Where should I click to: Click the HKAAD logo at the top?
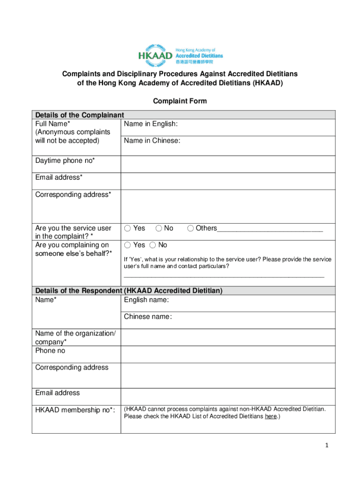pos(180,54)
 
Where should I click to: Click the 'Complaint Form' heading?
pos(180,101)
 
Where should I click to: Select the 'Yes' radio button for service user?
pos(128,228)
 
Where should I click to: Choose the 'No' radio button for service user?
pos(159,228)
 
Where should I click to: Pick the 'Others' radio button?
pos(191,228)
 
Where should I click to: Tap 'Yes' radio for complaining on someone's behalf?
pos(128,245)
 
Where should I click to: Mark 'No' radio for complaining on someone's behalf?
pos(153,245)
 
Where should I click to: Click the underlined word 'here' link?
pos(271,416)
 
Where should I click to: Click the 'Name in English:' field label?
pos(151,124)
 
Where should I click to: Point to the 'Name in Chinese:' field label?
pos(152,140)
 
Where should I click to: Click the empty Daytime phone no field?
pos(228,164)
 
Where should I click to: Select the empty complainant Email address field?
pos(228,181)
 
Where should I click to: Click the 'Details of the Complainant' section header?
pos(79,115)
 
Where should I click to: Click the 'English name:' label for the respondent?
pos(146,300)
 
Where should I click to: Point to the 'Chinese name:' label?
pos(148,317)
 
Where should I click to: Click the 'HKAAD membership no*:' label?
pos(75,410)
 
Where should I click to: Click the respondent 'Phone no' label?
pos(50,350)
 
